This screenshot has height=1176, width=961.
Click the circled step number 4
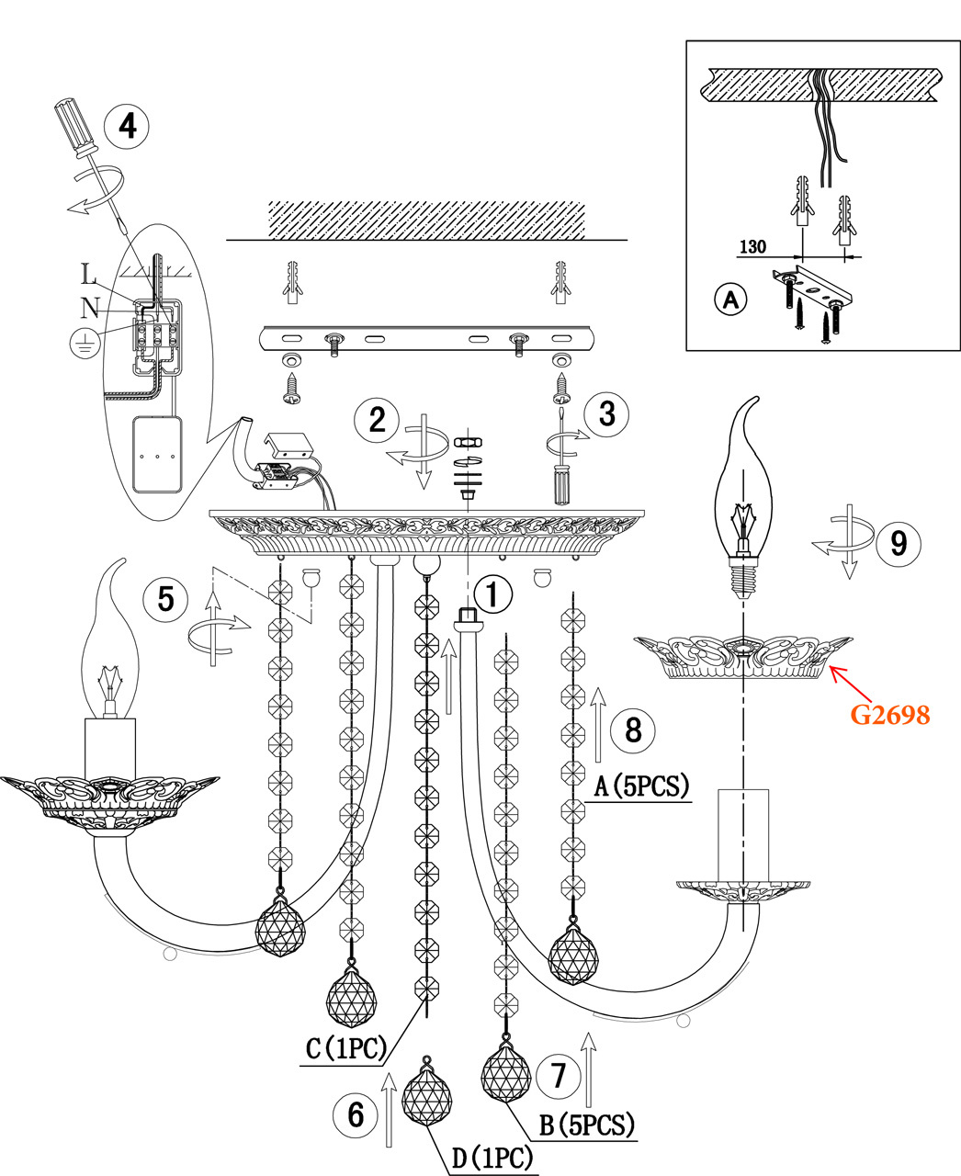point(128,126)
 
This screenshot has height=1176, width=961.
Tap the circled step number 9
point(898,542)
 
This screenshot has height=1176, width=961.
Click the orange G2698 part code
point(889,714)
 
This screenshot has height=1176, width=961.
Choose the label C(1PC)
point(345,1049)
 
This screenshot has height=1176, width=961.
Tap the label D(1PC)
point(492,1159)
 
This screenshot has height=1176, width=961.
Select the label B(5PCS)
point(587,1125)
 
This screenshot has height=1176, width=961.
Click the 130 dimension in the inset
point(752,247)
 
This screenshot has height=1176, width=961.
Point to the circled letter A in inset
point(731,300)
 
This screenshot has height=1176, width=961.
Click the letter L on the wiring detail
point(88,275)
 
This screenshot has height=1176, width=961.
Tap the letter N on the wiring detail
point(89,308)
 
